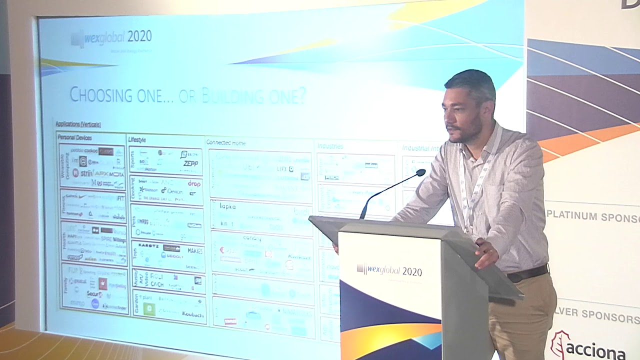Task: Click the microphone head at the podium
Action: coord(420,173)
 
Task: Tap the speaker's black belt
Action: coord(527,273)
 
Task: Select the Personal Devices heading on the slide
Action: coord(75,137)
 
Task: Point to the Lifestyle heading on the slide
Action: coord(137,139)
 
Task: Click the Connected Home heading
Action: coord(225,142)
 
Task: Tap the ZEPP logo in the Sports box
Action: coord(190,163)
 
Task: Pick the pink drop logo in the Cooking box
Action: coord(194,183)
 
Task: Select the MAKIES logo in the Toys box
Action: coord(194,250)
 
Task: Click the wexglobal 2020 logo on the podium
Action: coord(389,270)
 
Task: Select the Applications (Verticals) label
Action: coord(78,124)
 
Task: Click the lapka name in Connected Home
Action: coord(227,206)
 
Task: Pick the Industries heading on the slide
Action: coord(330,146)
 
